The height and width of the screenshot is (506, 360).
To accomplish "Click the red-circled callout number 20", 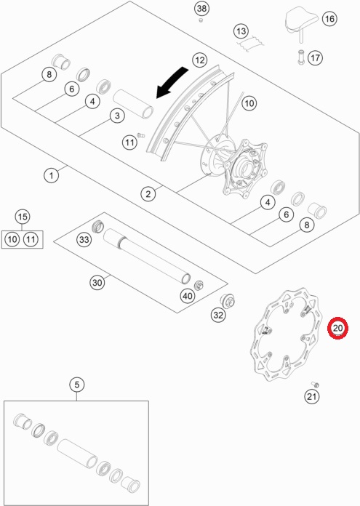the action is [x=337, y=328].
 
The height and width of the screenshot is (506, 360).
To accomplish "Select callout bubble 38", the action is [x=201, y=9].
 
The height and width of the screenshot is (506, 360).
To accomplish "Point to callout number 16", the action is [x=329, y=19].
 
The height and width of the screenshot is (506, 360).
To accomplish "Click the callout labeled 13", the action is [x=241, y=31].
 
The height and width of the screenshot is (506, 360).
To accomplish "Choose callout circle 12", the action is [x=200, y=60].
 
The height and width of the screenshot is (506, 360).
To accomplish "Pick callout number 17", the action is [x=315, y=58].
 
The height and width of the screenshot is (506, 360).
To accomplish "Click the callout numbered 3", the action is [x=117, y=116].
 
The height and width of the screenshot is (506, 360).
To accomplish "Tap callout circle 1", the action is [x=51, y=175].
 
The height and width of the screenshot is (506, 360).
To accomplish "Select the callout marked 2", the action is [x=148, y=194].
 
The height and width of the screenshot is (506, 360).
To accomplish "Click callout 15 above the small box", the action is [x=23, y=217].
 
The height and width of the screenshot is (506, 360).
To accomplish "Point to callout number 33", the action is [x=84, y=239].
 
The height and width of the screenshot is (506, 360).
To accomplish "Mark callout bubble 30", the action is [x=97, y=283].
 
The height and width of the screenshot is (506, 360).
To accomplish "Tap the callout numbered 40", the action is [x=188, y=296].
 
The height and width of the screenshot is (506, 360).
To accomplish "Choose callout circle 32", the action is [x=218, y=315].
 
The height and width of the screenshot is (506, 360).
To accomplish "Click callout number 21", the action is [x=311, y=396].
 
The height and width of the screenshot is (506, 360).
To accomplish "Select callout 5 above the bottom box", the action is [x=77, y=385].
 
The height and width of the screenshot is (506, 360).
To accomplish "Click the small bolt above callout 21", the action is [x=316, y=385].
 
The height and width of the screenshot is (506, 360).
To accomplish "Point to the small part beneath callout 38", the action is [x=201, y=20].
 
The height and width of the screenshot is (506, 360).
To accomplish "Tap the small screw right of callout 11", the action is [x=141, y=135].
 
